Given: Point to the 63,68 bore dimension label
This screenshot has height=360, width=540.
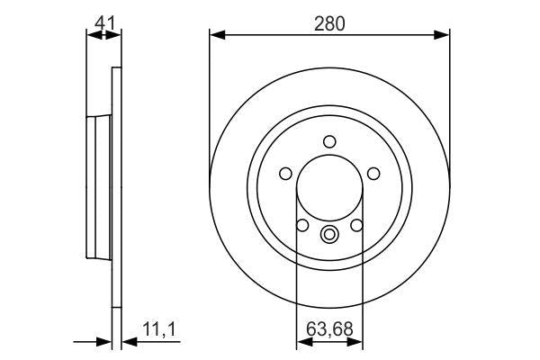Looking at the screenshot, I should click(329, 328).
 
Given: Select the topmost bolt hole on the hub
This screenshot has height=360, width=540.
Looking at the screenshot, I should click(329, 140).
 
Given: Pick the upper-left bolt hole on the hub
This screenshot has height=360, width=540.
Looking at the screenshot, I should click(286, 173).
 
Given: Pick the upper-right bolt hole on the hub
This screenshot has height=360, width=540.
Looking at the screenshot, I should click(373, 173).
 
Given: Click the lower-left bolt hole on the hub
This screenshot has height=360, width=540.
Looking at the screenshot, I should click(303, 224).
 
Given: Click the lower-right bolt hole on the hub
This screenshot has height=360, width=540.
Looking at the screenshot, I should click(356, 224).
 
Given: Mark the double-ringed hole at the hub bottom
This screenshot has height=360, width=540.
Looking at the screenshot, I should click(329, 236).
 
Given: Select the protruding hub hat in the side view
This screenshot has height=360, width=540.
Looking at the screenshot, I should click(97, 186).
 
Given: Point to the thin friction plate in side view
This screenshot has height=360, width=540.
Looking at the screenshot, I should click(115, 186).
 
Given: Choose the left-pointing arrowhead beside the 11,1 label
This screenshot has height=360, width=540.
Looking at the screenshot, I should click(126, 341).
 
